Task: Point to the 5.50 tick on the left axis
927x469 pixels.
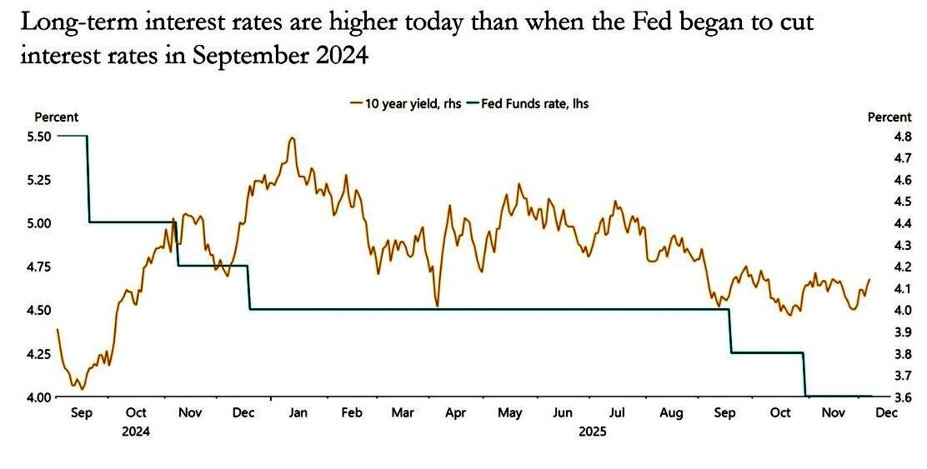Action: (x=41, y=136)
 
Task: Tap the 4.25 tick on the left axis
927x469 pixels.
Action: (x=41, y=353)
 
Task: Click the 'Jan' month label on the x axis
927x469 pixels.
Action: (x=298, y=412)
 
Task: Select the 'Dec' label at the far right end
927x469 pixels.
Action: (x=885, y=412)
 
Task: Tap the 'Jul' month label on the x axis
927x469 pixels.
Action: (x=618, y=412)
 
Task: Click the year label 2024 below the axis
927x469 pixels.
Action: (x=136, y=432)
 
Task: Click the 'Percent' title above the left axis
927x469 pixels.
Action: (x=56, y=117)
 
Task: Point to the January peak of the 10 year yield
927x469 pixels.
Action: (x=291, y=138)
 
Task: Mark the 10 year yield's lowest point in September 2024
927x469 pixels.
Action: (x=81, y=388)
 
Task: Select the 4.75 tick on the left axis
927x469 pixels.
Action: (x=41, y=267)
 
